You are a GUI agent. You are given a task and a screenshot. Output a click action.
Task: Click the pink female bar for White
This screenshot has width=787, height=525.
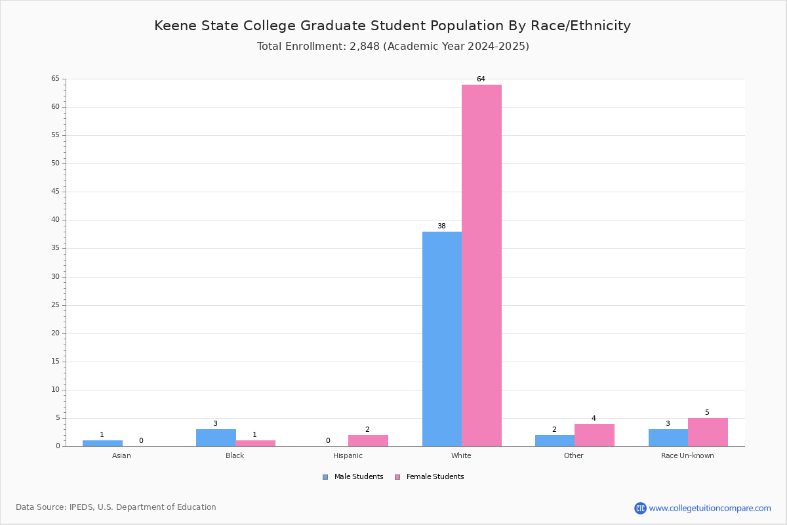click(x=481, y=266)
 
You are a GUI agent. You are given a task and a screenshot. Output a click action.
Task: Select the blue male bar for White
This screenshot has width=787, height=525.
click(x=442, y=339)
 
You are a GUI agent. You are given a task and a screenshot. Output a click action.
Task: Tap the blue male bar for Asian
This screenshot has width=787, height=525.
click(x=102, y=444)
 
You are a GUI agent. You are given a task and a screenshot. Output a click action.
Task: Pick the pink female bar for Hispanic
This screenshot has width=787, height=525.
click(x=368, y=441)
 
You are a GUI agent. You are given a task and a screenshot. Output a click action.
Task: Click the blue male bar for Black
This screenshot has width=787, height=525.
click(x=216, y=438)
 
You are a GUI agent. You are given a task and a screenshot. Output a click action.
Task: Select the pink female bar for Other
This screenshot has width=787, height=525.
click(x=594, y=435)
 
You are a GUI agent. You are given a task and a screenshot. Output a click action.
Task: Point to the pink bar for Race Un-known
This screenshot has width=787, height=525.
click(x=708, y=432)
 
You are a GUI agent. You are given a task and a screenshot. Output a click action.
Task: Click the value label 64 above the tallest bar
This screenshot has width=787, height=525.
click(x=481, y=79)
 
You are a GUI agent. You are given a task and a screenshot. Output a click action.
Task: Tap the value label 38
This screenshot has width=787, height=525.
click(x=441, y=226)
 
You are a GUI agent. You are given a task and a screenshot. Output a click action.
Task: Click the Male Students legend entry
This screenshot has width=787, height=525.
click(x=353, y=477)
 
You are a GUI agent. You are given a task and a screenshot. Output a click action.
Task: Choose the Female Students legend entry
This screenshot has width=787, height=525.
click(x=430, y=477)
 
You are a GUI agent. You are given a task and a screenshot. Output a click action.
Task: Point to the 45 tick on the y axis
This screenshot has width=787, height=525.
click(x=56, y=192)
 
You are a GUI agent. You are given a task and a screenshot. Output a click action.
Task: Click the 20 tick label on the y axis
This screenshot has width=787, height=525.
click(x=56, y=333)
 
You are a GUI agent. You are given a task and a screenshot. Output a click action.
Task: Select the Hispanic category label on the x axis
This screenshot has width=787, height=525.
click(x=348, y=455)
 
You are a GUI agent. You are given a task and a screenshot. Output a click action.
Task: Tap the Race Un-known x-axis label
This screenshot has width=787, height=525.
click(x=687, y=455)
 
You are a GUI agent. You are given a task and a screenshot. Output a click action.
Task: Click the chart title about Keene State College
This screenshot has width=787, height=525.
click(x=392, y=26)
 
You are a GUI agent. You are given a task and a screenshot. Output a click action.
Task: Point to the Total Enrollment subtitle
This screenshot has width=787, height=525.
click(x=393, y=47)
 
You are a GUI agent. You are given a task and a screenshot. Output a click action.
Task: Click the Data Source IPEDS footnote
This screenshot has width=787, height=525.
click(x=116, y=507)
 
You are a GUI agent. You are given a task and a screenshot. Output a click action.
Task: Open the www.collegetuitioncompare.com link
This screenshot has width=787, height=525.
click(x=710, y=508)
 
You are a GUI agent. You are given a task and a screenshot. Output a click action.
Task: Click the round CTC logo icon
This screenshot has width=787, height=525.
click(x=641, y=508)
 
